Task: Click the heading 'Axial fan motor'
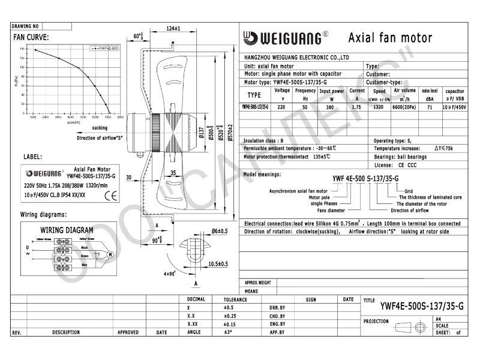click(390, 38)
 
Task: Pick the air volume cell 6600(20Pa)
click(404, 107)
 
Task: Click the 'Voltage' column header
click(282, 94)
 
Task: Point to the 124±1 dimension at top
click(173, 29)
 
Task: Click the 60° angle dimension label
click(138, 36)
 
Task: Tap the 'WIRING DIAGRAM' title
click(67, 230)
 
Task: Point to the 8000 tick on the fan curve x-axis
click(120, 117)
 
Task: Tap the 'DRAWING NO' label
click(25, 26)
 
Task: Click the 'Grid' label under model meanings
click(409, 191)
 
